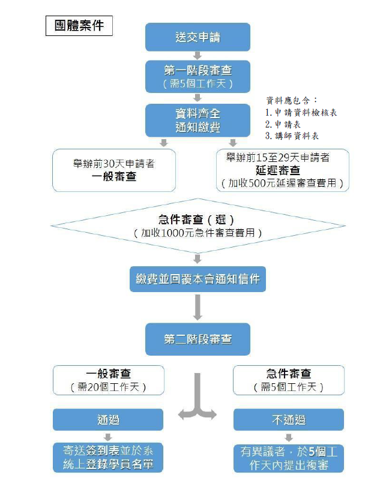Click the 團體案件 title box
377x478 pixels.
click(79, 26)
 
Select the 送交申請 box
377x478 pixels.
click(198, 37)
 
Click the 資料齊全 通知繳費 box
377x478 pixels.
click(198, 120)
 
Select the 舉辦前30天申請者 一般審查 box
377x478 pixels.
click(113, 170)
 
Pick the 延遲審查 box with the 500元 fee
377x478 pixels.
click(282, 170)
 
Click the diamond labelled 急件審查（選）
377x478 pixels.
click(198, 226)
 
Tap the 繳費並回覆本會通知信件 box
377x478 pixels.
click(198, 279)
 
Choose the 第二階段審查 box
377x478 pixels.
click(198, 339)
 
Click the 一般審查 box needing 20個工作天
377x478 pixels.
click(108, 380)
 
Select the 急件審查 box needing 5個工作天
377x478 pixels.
click(288, 380)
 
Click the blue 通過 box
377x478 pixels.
click(108, 420)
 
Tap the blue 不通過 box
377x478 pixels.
click(288, 420)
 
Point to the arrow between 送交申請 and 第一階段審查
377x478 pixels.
click(198, 56)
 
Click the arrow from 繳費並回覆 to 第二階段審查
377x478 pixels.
click(198, 308)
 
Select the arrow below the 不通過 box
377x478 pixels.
click(288, 437)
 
